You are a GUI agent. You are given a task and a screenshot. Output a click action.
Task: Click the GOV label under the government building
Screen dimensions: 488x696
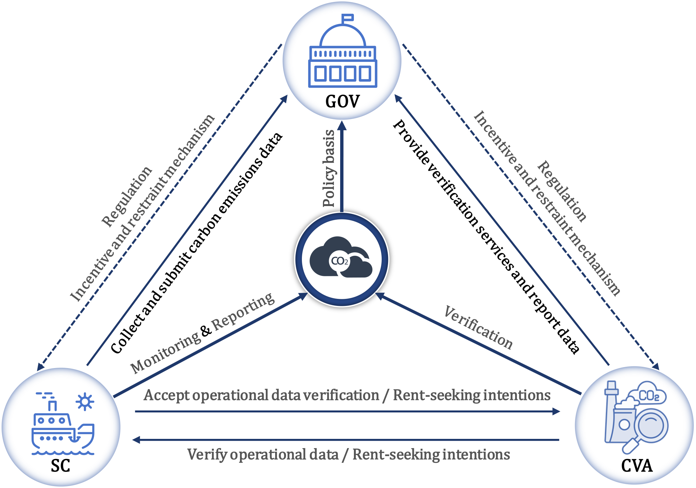342,101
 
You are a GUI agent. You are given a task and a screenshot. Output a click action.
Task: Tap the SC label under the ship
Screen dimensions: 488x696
60,466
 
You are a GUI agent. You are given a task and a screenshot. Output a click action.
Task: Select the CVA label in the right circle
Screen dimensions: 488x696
637,466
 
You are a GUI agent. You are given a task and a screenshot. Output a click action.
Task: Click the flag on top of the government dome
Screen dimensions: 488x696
348,18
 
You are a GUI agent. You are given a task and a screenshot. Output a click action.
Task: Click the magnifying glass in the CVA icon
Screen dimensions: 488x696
649,427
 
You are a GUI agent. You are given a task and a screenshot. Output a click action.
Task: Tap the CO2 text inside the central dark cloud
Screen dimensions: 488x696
339,261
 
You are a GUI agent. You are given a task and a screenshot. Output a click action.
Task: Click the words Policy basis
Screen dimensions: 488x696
329,168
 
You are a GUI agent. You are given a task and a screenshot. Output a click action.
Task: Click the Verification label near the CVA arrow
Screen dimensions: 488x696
478,328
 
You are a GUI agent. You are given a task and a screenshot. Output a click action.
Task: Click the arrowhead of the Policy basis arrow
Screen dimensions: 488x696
342,126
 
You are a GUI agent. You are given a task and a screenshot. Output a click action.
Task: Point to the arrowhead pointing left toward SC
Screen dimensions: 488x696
136,440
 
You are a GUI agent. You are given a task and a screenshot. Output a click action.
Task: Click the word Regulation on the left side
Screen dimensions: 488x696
127,196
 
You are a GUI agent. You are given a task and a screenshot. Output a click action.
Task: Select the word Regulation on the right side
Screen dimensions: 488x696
562,191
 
